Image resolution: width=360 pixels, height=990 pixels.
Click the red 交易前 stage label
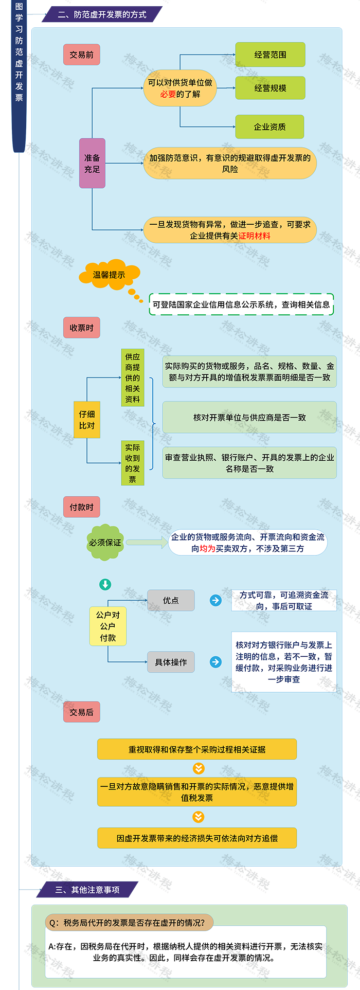coord(81,55)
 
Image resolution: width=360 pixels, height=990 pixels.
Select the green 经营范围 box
coord(270,55)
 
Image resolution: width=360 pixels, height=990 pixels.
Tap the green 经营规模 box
coord(270,88)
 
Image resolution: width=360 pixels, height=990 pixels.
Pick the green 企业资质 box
coord(269,127)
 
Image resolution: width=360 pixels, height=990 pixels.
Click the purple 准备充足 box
coord(92,163)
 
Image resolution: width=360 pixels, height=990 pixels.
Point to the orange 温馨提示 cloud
coord(109,275)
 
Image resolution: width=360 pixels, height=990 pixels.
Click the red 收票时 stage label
coord(81,328)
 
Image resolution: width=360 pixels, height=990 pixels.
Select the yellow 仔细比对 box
coord(87,420)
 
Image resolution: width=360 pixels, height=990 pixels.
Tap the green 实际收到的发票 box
coord(133,463)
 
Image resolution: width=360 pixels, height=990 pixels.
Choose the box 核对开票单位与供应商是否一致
coord(249,417)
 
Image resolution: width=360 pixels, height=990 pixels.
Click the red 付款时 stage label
coord(81,507)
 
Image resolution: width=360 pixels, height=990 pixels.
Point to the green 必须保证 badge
coord(105,543)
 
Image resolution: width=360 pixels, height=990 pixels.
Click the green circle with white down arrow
coord(105,584)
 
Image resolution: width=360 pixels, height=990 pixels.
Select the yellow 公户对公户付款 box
coord(108,626)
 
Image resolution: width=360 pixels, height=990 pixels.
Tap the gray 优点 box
coord(171,600)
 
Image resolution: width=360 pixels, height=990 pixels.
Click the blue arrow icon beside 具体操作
coord(215,662)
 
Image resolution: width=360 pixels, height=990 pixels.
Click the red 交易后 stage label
coord(81,712)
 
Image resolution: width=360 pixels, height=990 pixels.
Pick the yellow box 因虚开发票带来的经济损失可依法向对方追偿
coord(197,838)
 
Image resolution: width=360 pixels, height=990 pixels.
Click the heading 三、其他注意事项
coord(87,889)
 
